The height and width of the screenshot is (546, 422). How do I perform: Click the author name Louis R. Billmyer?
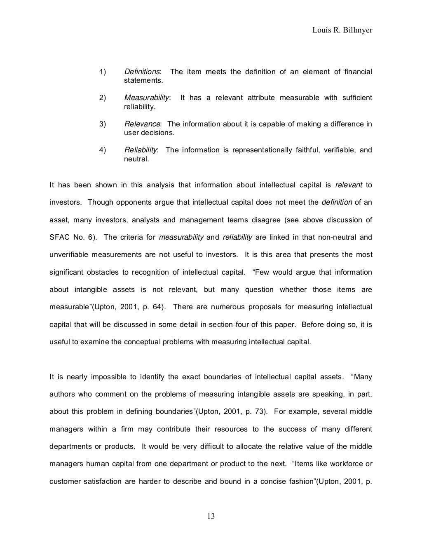point(342,30)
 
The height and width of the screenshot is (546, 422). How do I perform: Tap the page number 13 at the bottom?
point(211,516)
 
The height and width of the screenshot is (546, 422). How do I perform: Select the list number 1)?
point(103,72)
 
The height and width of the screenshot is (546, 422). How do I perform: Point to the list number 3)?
point(103,124)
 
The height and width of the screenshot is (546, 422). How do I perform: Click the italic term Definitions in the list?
point(142,72)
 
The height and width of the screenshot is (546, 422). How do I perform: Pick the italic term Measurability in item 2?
point(147,98)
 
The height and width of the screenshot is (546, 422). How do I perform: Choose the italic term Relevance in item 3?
point(142,124)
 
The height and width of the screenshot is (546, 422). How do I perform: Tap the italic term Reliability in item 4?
point(141,150)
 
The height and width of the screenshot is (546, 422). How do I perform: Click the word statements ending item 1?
point(143,81)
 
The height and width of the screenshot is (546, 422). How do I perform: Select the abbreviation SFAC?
point(59,238)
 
